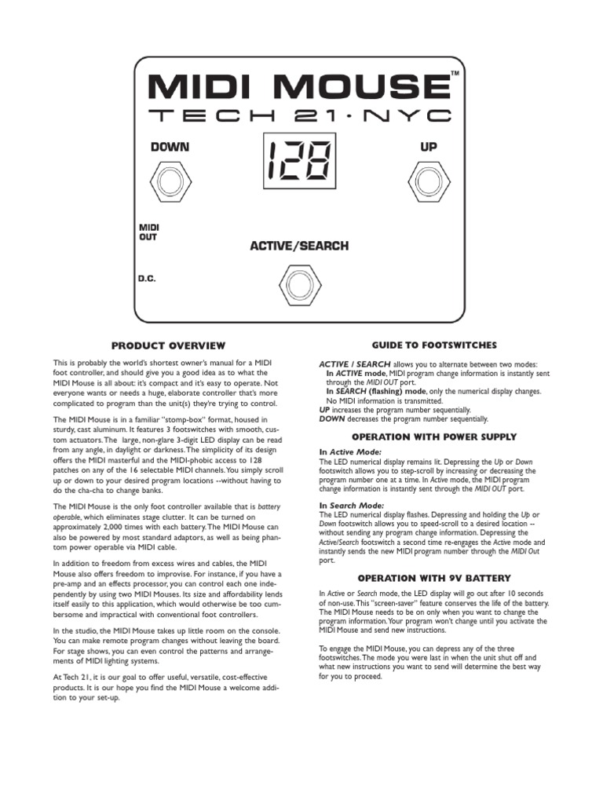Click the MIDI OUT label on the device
pyautogui.click(x=149, y=232)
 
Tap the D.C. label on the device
pyautogui.click(x=147, y=277)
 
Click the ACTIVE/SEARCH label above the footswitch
pyautogui.click(x=299, y=246)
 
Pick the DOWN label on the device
pyautogui.click(x=170, y=146)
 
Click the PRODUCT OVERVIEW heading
pyautogui.click(x=168, y=345)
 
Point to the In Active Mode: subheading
pyautogui.click(x=350, y=452)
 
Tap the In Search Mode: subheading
pyautogui.click(x=351, y=505)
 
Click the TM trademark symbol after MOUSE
pyautogui.click(x=455, y=74)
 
